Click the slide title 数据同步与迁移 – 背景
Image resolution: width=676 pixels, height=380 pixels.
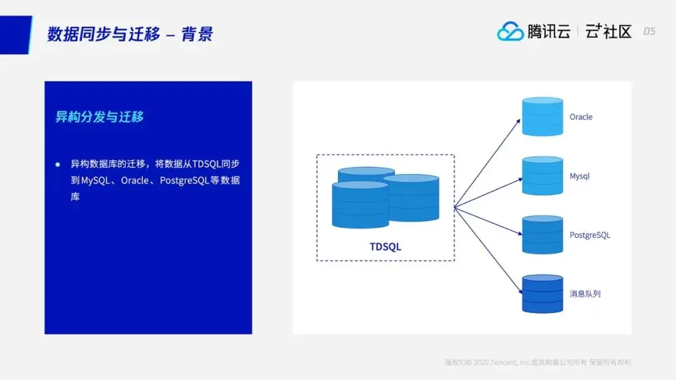(x=130, y=34)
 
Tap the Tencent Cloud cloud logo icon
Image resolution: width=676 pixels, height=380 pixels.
(x=510, y=31)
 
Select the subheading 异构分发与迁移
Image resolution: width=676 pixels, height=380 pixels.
(x=100, y=116)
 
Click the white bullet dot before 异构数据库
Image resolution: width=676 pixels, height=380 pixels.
(x=58, y=164)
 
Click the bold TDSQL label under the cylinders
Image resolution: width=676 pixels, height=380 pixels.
(x=385, y=247)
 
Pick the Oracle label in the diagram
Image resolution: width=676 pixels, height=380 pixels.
(x=581, y=117)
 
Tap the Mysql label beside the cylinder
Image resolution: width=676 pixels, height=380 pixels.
(x=580, y=177)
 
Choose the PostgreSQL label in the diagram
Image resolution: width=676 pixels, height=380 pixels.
(x=590, y=235)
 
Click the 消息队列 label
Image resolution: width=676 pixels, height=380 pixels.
(x=585, y=294)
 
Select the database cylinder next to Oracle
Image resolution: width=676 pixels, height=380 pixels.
(x=542, y=116)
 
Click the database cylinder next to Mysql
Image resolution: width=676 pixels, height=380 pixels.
(x=542, y=176)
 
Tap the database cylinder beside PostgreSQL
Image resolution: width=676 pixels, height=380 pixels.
(x=542, y=235)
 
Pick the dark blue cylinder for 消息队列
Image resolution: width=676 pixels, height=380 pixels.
(x=542, y=294)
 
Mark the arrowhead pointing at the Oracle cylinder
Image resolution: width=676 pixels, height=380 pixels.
(x=518, y=120)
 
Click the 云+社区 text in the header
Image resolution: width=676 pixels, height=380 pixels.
(x=608, y=31)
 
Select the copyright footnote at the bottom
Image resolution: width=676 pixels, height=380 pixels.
(x=538, y=362)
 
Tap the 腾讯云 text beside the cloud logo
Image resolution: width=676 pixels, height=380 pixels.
(x=548, y=31)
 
